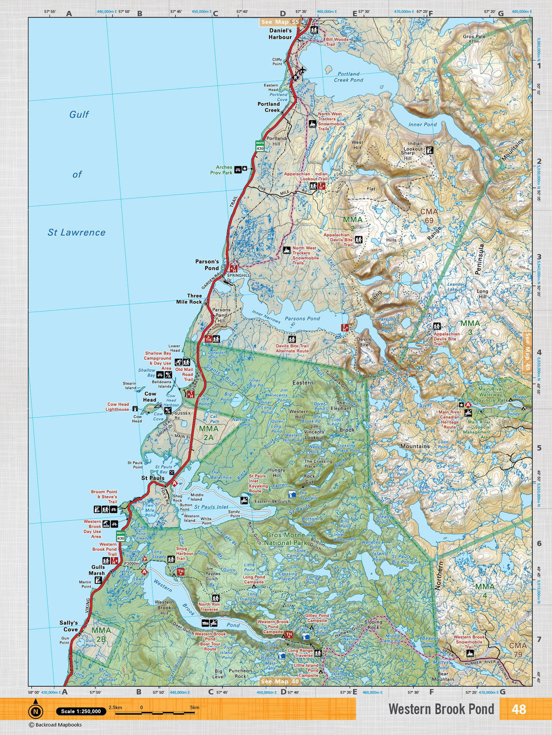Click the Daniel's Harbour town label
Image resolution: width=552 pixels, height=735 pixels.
click(x=280, y=34)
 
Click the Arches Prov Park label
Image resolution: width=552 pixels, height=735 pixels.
click(x=221, y=170)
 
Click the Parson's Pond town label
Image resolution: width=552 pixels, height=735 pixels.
click(x=207, y=265)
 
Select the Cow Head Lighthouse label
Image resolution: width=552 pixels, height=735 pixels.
click(x=117, y=407)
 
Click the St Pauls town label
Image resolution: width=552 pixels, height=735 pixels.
click(x=153, y=478)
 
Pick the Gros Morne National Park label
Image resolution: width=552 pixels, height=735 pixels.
click(x=285, y=539)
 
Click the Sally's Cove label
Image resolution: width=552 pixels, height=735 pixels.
click(x=69, y=626)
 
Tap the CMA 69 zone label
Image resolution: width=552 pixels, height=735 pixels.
click(x=429, y=215)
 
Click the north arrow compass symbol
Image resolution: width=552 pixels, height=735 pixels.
click(x=35, y=712)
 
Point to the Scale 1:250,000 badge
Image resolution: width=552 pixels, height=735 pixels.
click(x=81, y=711)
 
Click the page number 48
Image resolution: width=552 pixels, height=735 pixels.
click(x=518, y=709)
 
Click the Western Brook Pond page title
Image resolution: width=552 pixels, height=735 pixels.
click(x=441, y=709)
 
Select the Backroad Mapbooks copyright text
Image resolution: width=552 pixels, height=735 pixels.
click(x=55, y=725)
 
